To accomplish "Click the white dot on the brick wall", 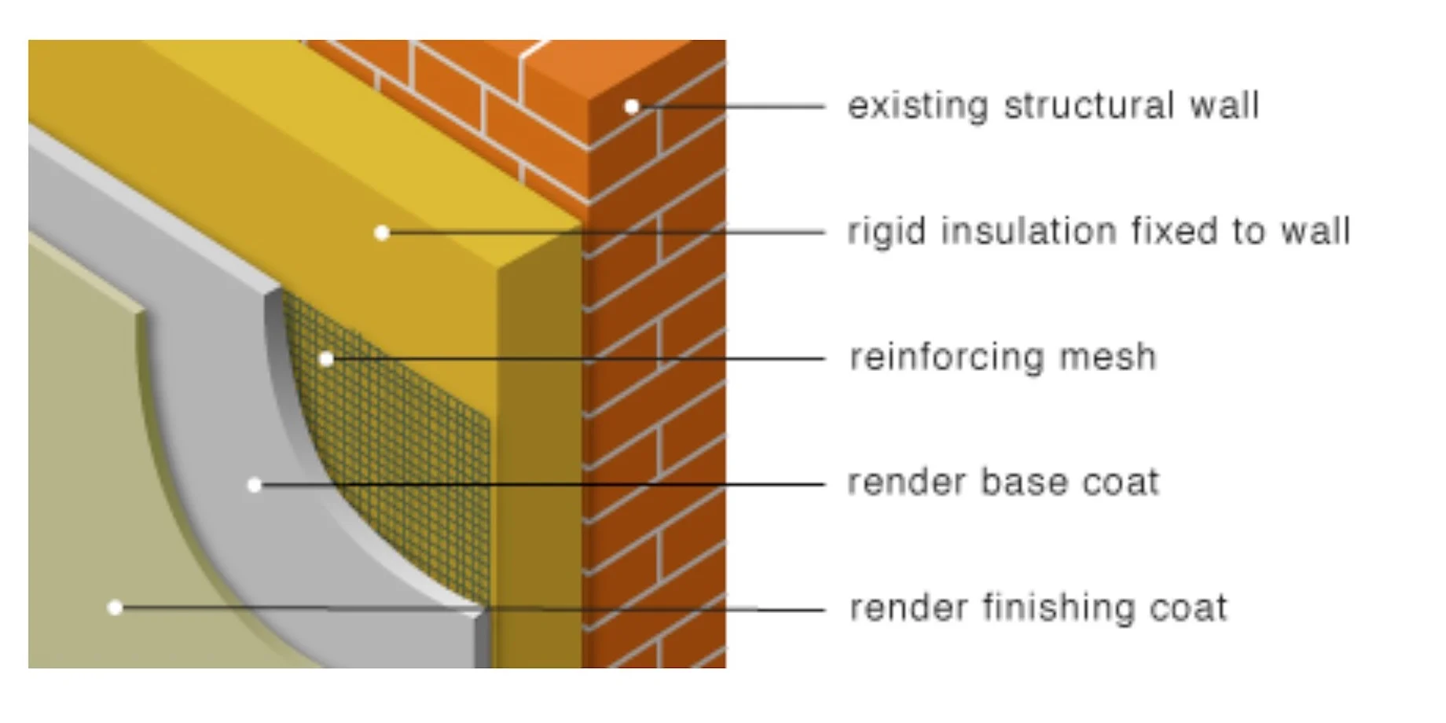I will click(632, 106).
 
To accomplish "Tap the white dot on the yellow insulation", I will click(382, 233).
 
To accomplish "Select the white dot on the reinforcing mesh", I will click(327, 359).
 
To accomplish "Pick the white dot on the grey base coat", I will click(255, 485).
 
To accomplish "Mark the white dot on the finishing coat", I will click(115, 607).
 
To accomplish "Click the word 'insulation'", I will click(1029, 232).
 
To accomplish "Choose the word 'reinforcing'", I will click(946, 358).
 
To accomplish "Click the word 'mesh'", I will click(1108, 358).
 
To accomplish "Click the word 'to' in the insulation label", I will click(1248, 232).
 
